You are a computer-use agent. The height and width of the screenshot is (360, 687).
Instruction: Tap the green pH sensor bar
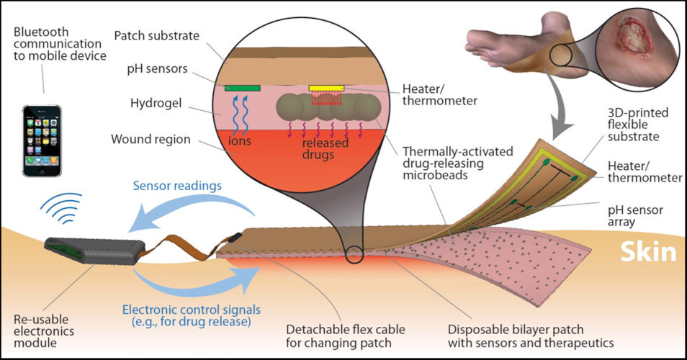(242, 88)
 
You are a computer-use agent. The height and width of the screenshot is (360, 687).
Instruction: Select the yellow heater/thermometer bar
(326, 88)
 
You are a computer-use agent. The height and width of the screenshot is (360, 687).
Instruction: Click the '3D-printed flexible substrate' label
(638, 125)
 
